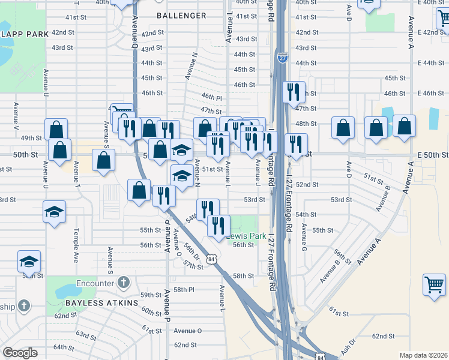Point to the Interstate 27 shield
pos(283,58)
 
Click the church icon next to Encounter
pos(123,282)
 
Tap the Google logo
pos(20,352)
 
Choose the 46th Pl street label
pos(211,97)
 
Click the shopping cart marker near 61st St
pos(435,284)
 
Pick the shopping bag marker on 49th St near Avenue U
pos(56,129)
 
